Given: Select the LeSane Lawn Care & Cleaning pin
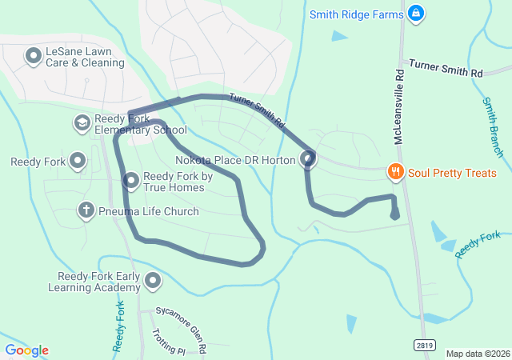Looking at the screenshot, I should tap(34, 56).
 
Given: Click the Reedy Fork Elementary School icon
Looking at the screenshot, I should tap(82, 123).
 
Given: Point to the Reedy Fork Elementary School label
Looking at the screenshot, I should tap(141, 124).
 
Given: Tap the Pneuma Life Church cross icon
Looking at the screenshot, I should tap(86, 210).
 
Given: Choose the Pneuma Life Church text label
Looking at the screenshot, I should tap(149, 211).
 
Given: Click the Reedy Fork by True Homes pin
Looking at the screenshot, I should tap(130, 182).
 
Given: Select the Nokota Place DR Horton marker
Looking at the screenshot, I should tap(309, 160).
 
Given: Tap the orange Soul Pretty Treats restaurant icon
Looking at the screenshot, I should tap(394, 172).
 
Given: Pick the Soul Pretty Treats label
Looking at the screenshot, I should tap(452, 173).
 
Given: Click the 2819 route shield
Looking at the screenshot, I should tap(425, 344).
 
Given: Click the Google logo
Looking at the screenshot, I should tap(26, 350).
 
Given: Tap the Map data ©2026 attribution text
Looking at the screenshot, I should tap(478, 354).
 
